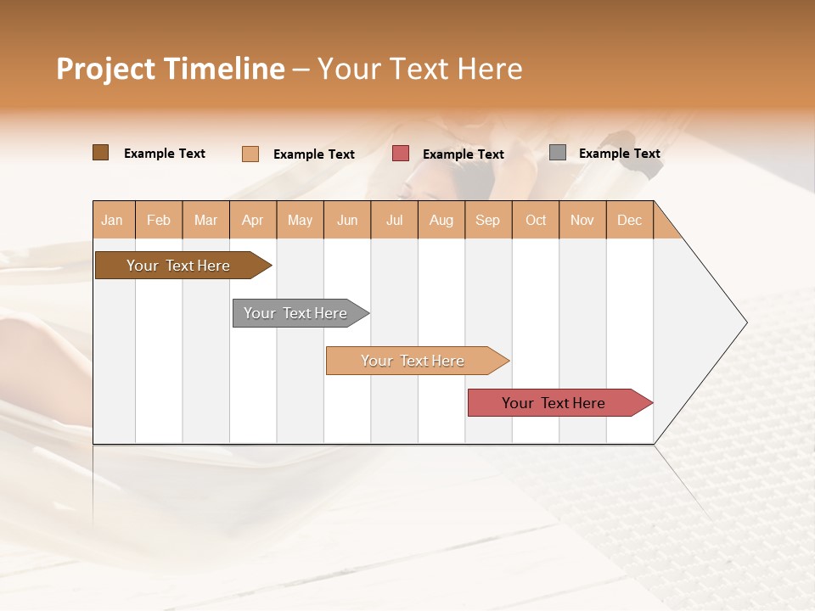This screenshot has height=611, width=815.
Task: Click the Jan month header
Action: pos(113,220)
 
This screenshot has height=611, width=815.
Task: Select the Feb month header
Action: pos(159,220)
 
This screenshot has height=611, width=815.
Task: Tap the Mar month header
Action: pos(205,220)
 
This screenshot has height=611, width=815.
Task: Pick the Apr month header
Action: pos(253,220)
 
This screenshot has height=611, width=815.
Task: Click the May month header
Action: pos(300,220)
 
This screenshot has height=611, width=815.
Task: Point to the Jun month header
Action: pos(347,220)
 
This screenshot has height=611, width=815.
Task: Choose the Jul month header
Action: pos(394,220)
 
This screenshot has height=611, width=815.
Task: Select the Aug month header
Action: pos(441,220)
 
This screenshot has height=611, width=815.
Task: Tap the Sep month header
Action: pos(488,220)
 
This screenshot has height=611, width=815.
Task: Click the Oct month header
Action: pos(536,220)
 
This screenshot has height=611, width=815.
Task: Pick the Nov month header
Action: pos(582,220)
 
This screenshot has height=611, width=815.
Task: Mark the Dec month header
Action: pos(629,220)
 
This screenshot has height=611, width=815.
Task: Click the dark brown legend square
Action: pos(101,153)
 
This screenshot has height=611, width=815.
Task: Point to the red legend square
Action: pos(401,154)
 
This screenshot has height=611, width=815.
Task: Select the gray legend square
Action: pos(558,153)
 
